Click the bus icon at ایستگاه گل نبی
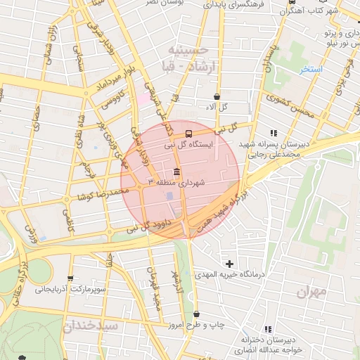coord(188,132)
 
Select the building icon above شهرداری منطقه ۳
coord(175,172)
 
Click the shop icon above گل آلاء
coord(217,96)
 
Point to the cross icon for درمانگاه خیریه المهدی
coord(229,263)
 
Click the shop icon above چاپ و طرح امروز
coord(195,314)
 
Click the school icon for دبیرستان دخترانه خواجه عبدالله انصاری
coord(267,328)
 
